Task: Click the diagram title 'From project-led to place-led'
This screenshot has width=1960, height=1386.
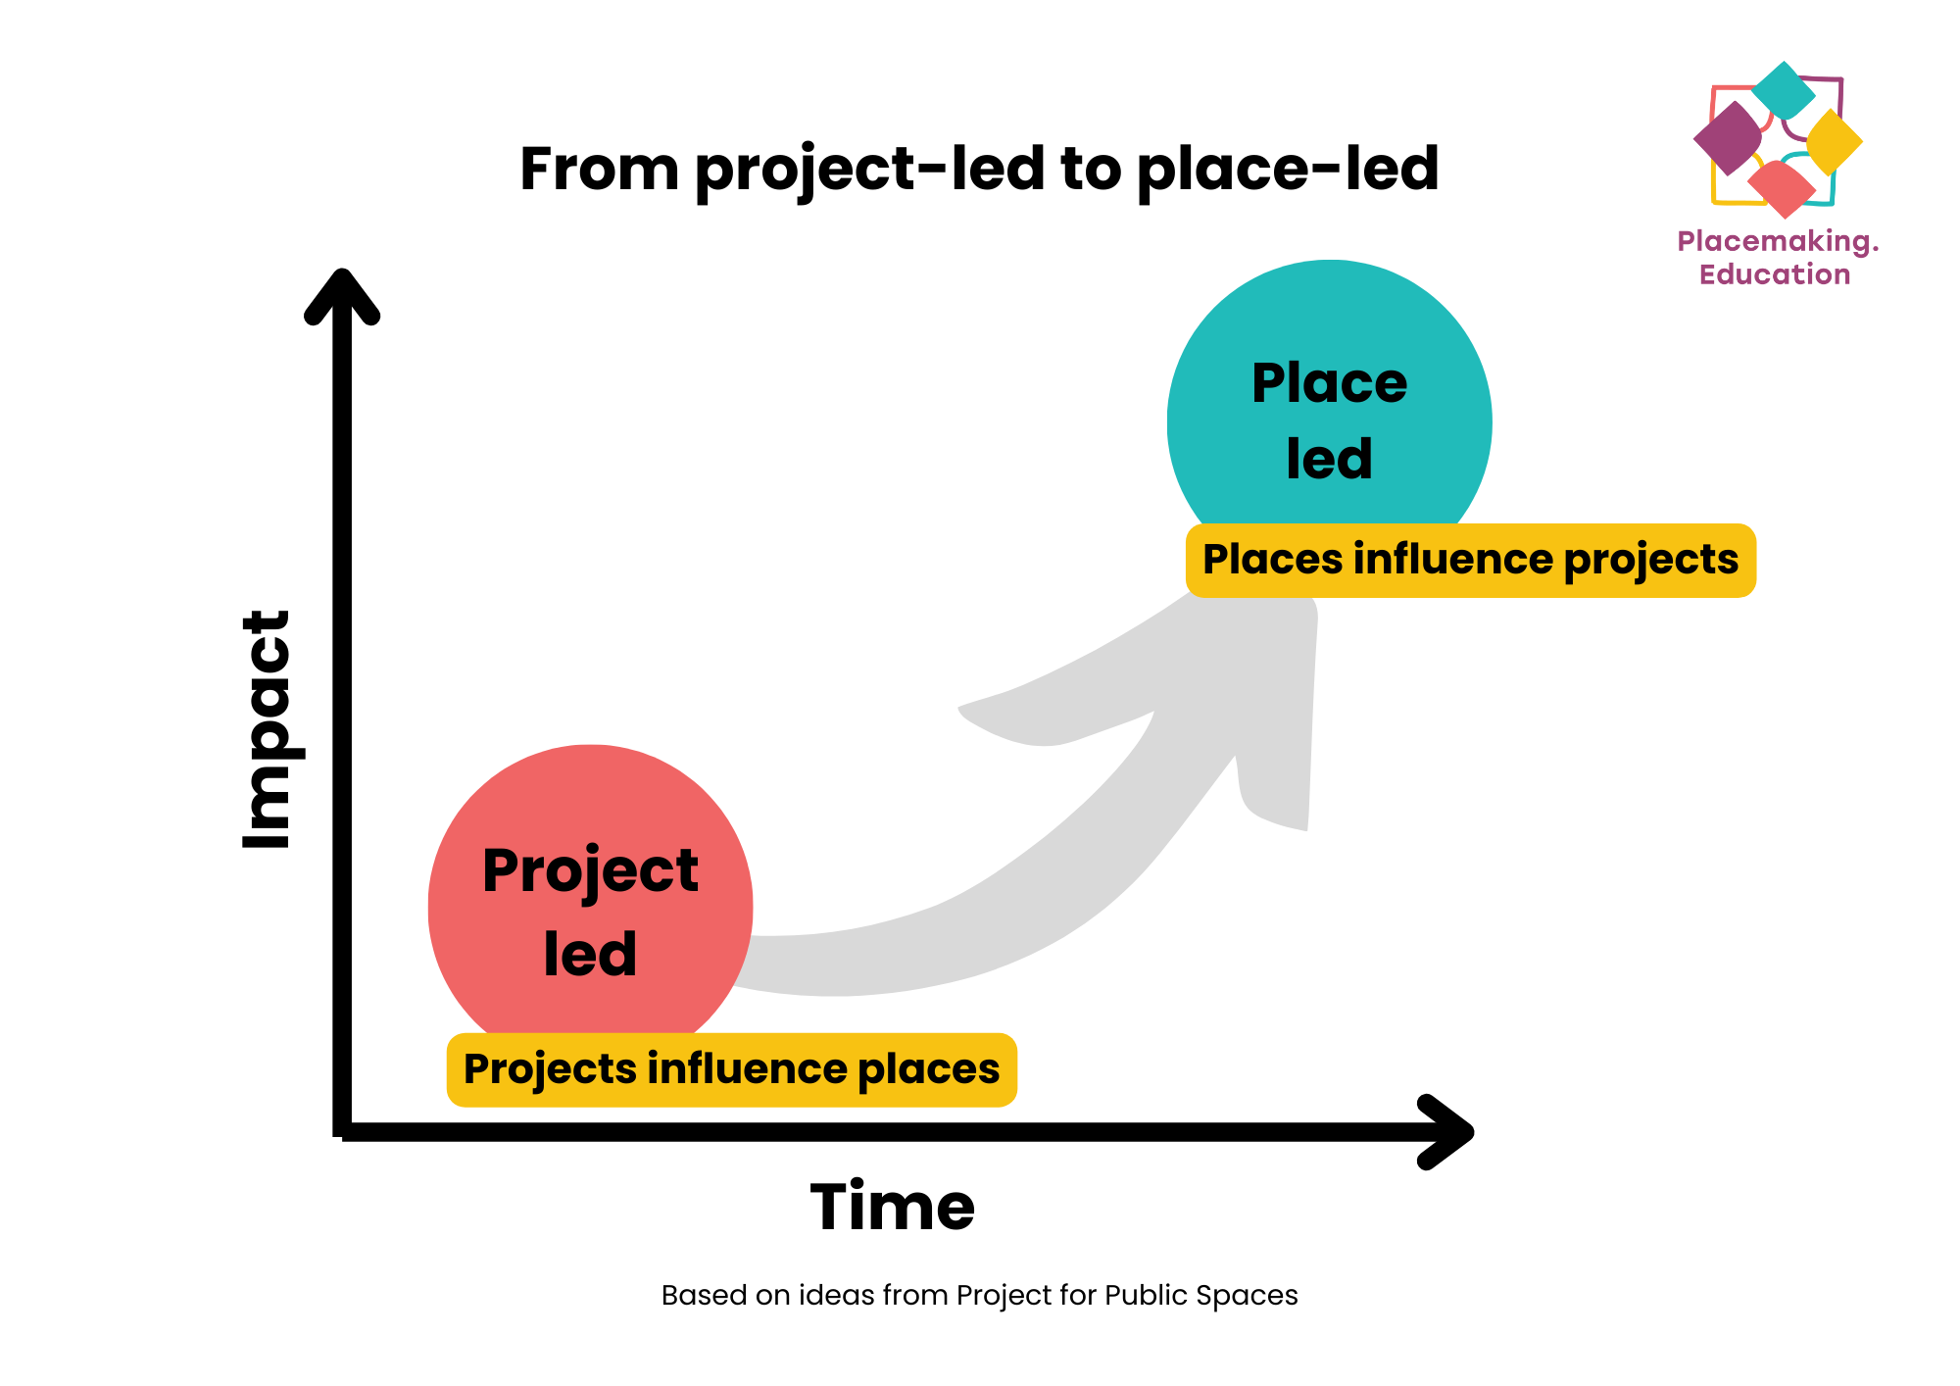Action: (979, 169)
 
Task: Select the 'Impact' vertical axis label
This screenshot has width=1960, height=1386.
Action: (267, 729)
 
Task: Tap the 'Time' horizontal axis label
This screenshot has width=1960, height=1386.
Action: (893, 1206)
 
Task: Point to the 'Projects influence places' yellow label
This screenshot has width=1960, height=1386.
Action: (732, 1069)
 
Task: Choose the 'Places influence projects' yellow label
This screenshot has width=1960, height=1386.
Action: (1471, 560)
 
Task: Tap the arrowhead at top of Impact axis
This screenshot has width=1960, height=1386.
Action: (342, 294)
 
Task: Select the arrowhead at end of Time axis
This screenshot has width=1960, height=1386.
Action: (1446, 1132)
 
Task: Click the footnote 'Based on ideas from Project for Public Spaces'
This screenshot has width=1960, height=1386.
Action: (980, 1296)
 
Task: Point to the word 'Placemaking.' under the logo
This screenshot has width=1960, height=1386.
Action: (1778, 242)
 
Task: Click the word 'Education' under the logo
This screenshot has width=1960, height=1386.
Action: (1775, 274)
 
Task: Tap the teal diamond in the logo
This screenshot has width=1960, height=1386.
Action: (1784, 89)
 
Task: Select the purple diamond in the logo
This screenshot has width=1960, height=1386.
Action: (1728, 138)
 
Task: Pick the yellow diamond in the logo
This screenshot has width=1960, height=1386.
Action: (1834, 142)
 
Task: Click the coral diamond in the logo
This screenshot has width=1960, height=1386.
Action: (1782, 188)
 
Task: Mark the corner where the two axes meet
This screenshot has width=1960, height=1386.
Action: (342, 1132)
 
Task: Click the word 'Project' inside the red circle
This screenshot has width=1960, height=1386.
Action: (591, 871)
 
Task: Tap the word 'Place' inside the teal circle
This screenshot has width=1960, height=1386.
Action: (1330, 383)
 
